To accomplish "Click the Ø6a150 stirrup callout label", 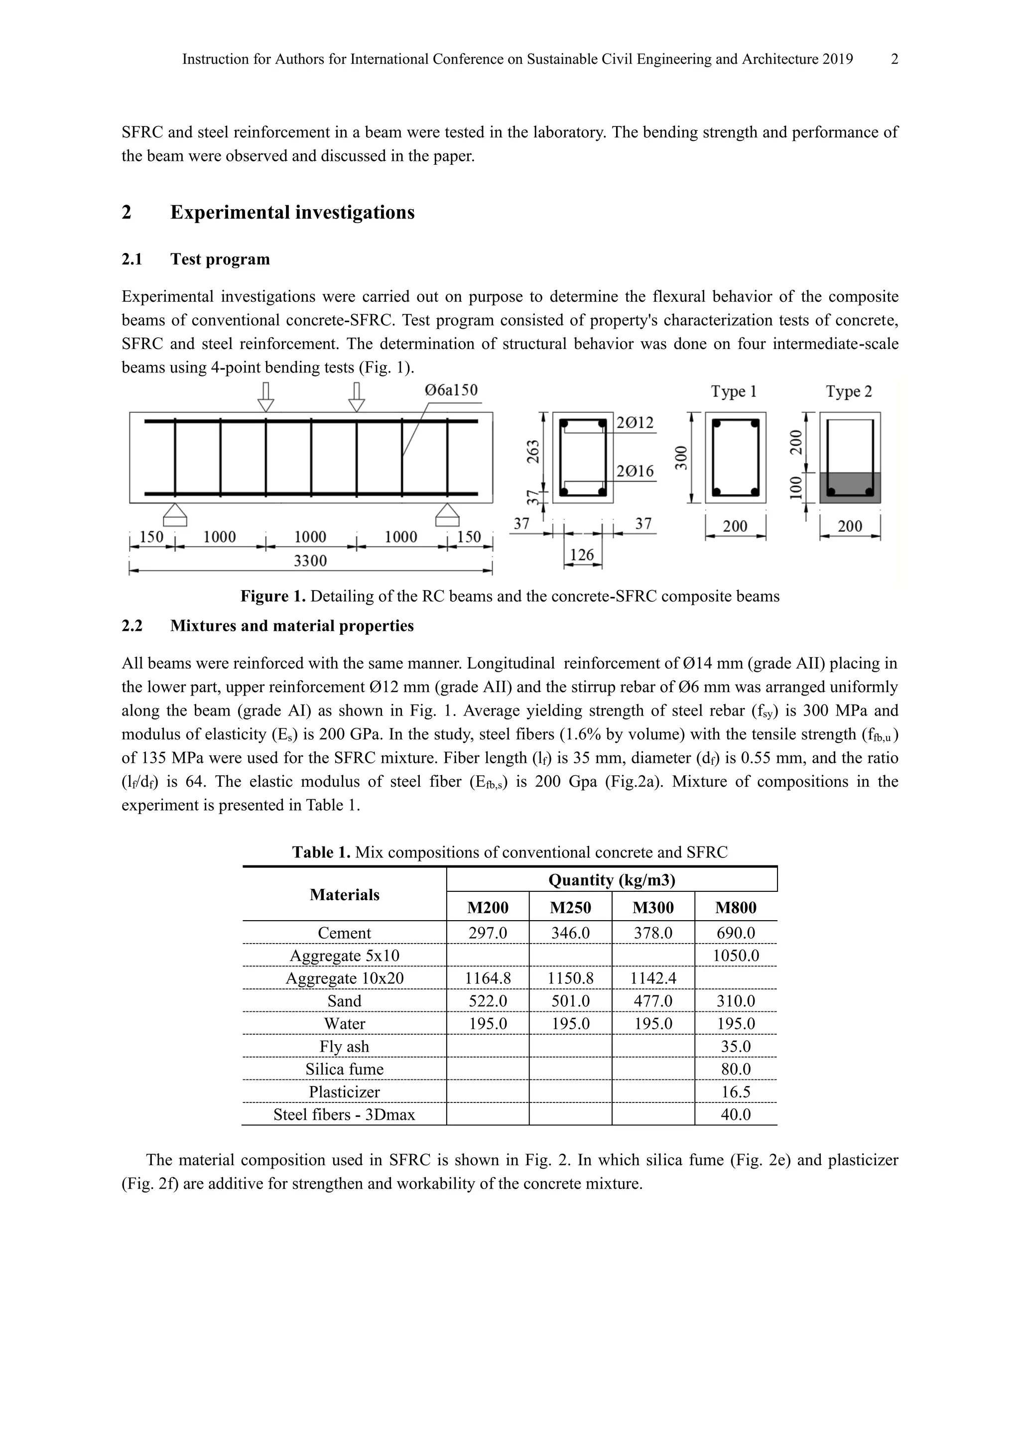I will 451,391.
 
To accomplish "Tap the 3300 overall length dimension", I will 310,560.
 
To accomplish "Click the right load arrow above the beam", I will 357,397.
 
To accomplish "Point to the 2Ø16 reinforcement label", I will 635,471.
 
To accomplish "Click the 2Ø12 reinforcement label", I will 635,423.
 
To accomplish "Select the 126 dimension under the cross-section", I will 582,555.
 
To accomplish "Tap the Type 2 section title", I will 849,391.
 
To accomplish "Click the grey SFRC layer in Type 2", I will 850,487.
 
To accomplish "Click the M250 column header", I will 570,908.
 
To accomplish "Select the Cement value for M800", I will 736,933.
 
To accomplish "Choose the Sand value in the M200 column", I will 488,1001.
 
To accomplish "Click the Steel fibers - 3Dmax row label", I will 344,1115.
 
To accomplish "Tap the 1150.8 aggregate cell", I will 570,978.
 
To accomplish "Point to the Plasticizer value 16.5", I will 736,1092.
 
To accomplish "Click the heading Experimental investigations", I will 292,212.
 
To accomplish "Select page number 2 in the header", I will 894,59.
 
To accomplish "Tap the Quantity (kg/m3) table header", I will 612,880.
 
